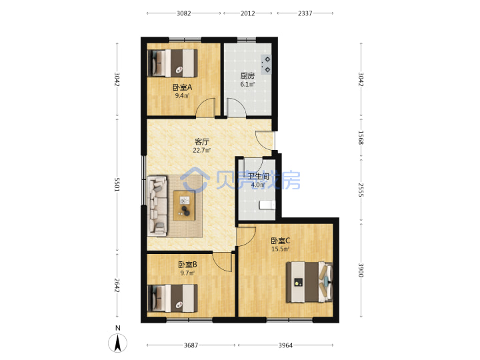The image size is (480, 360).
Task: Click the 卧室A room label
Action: pyautogui.click(x=183, y=87)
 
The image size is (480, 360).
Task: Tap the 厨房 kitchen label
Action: pyautogui.click(x=247, y=76)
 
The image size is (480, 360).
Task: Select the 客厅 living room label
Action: pyautogui.click(x=202, y=142)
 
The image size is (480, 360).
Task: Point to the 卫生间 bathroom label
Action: pyautogui.click(x=259, y=176)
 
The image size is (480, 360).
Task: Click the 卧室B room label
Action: pyautogui.click(x=187, y=264)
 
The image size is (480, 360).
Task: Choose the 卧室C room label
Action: pyautogui.click(x=281, y=241)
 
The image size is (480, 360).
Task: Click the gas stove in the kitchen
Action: pyautogui.click(x=266, y=64)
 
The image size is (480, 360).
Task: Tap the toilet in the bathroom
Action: pyautogui.click(x=267, y=205)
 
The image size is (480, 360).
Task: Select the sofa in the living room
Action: pyautogui.click(x=157, y=206)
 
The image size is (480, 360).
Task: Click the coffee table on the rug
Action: pyautogui.click(x=184, y=205)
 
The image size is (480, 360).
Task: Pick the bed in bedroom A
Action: pyautogui.click(x=173, y=63)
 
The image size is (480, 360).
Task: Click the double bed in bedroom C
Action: pyautogui.click(x=309, y=282)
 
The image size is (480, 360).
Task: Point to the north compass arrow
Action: pyautogui.click(x=117, y=343)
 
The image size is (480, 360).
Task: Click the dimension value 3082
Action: pyautogui.click(x=184, y=13)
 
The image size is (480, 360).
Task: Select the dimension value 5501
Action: pyautogui.click(x=117, y=184)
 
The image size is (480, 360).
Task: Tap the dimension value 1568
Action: pyautogui.click(x=361, y=138)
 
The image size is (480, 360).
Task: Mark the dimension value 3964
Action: pyautogui.click(x=285, y=345)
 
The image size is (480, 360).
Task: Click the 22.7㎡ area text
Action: pyautogui.click(x=202, y=150)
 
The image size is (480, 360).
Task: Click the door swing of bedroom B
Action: pyautogui.click(x=223, y=262)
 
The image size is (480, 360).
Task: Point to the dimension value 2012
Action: pyautogui.click(x=247, y=13)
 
